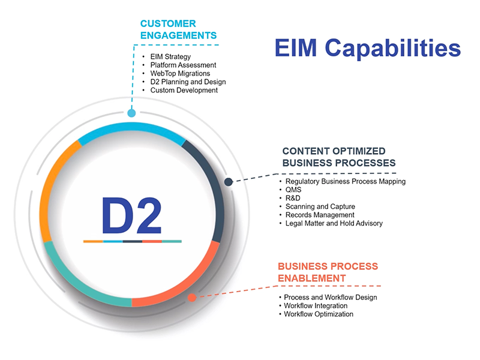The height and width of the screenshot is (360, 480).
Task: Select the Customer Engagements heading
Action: (178, 29)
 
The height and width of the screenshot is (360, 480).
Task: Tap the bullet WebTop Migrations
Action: (180, 73)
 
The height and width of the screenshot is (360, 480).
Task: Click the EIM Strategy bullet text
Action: (170, 56)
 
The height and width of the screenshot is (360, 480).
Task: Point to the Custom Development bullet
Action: (184, 90)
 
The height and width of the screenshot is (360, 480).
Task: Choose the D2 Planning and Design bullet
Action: (188, 82)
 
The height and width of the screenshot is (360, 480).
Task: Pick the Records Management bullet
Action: (320, 215)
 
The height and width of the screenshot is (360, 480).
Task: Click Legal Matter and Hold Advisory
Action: (334, 223)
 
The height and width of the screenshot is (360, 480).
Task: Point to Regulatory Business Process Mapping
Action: (346, 181)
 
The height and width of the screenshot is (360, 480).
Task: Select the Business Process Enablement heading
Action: (328, 272)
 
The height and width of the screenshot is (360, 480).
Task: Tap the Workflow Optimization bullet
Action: (319, 314)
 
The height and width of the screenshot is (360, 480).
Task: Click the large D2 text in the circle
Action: (131, 215)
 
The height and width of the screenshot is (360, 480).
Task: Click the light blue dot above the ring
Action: (131, 113)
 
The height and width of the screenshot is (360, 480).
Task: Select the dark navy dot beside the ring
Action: (228, 182)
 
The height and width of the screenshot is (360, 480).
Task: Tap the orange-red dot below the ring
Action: (191, 297)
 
